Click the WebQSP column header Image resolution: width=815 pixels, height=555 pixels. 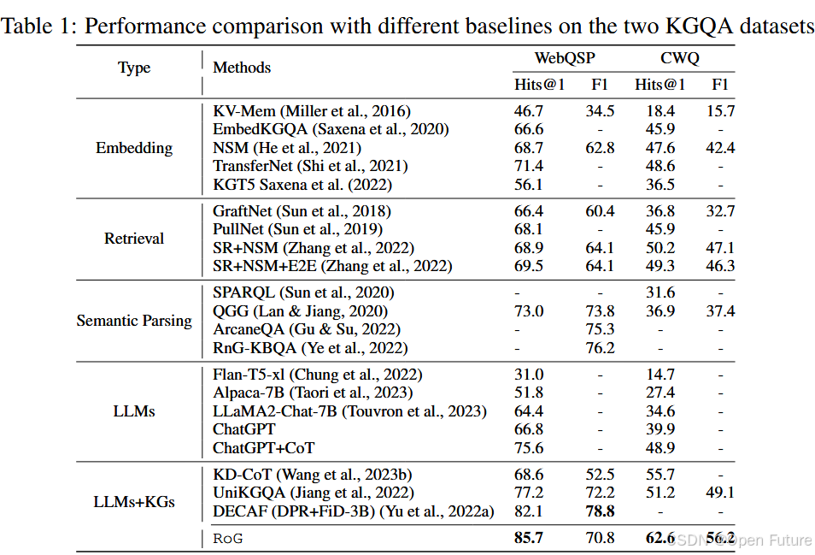click(x=565, y=59)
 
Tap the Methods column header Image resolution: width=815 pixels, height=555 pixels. click(x=242, y=68)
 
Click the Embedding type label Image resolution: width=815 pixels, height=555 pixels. click(x=134, y=148)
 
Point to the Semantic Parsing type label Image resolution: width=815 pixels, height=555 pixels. click(x=134, y=321)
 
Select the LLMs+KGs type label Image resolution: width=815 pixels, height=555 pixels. click(x=134, y=501)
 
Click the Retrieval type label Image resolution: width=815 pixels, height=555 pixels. click(x=134, y=239)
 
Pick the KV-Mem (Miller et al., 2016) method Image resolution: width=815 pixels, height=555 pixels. click(x=312, y=111)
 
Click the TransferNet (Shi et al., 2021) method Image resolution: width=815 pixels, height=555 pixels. click(x=310, y=166)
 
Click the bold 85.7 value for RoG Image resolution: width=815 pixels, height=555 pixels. click(x=528, y=539)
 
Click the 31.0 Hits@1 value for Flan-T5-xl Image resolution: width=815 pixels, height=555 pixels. click(x=528, y=375)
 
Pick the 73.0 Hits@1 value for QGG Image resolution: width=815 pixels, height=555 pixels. click(x=528, y=311)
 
